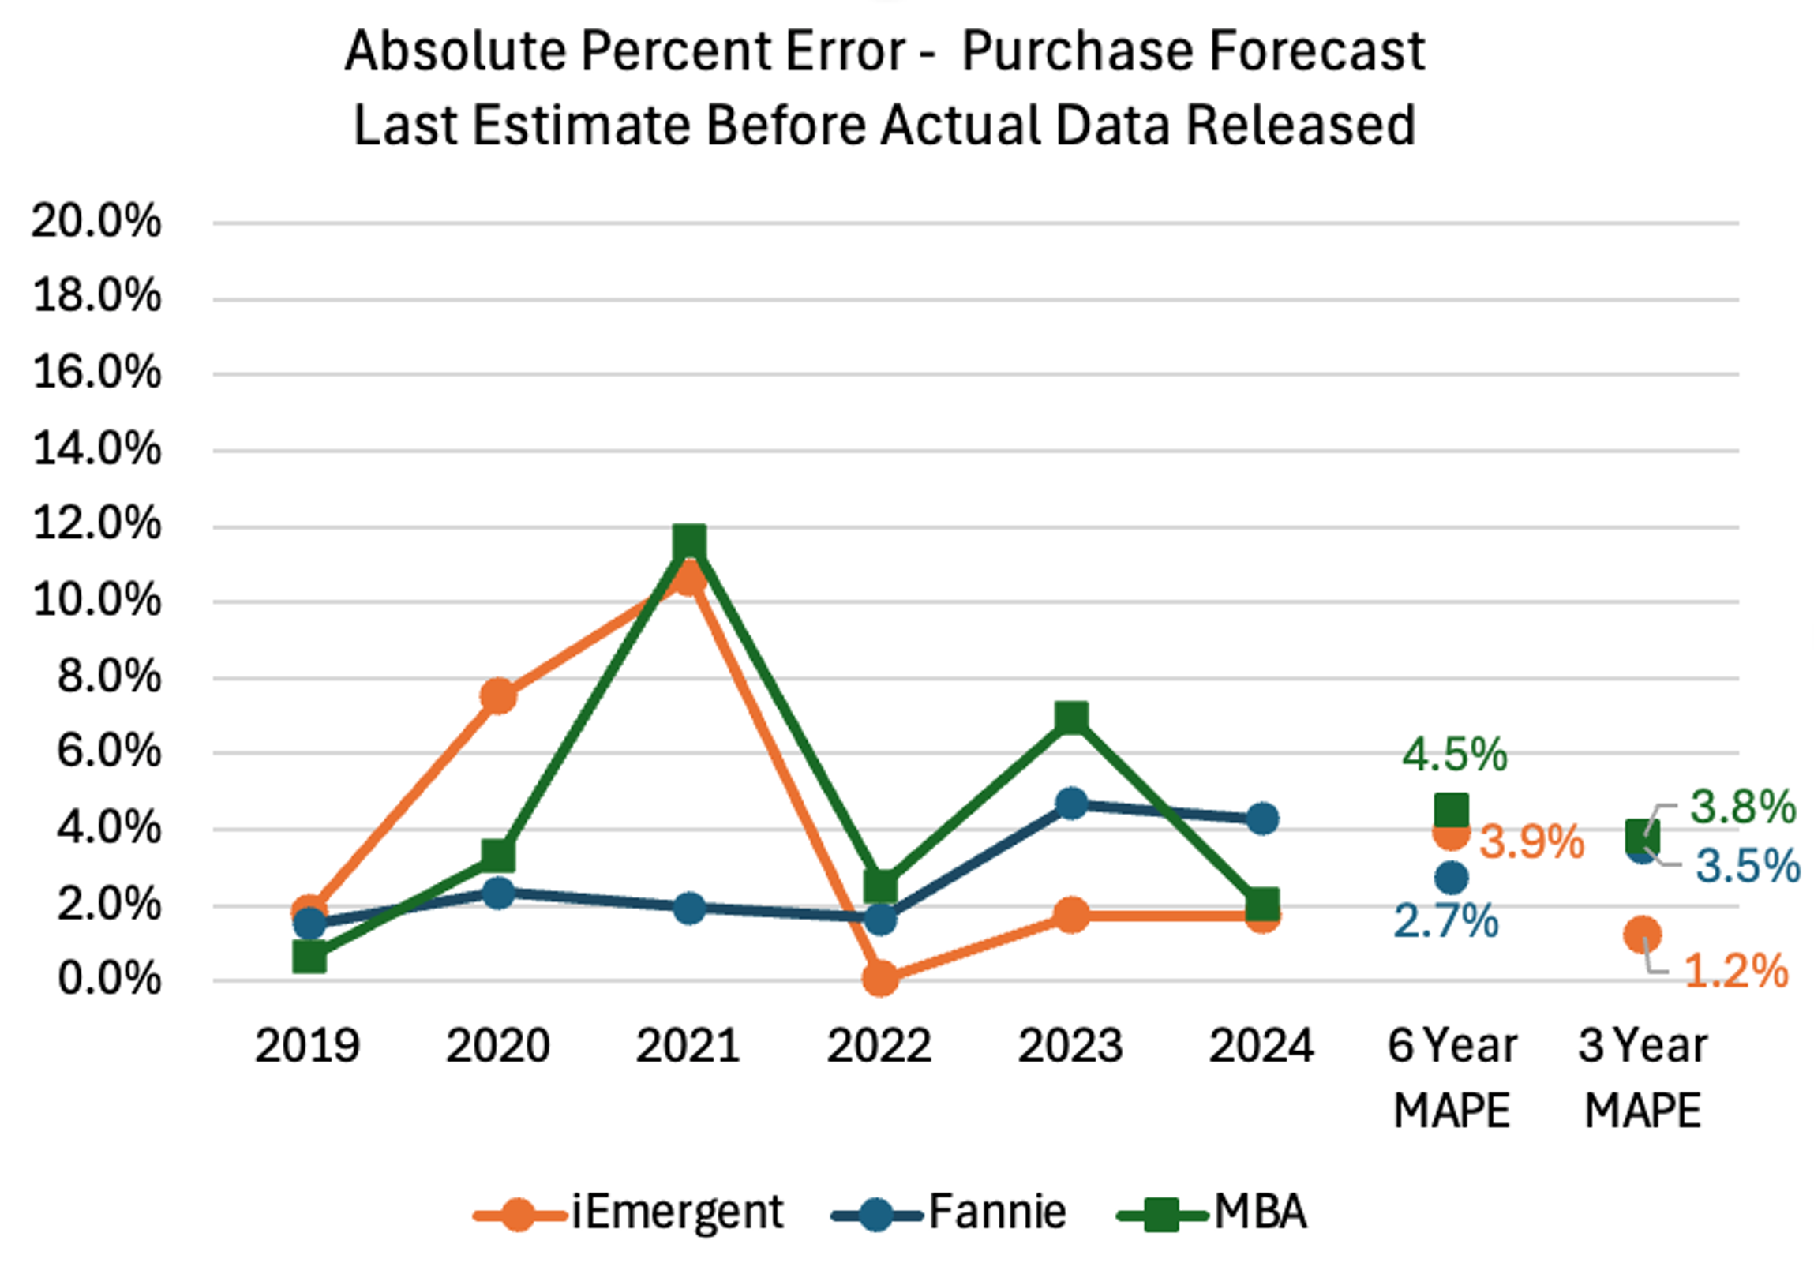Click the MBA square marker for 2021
coord(689,543)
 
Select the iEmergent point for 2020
coord(499,696)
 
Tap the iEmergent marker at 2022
coord(880,979)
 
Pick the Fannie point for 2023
coord(1071,804)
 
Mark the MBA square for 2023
coord(1071,719)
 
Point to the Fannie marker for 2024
coord(1262,819)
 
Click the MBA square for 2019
coord(309,957)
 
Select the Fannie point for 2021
coord(689,909)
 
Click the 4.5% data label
coord(1455,755)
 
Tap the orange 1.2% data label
coord(1736,971)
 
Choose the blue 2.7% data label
coord(1446,921)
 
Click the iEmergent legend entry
coord(629,1212)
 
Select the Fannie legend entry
coord(949,1212)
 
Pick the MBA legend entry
coord(1212,1212)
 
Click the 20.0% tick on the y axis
coord(96,221)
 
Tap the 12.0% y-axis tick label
coord(96,524)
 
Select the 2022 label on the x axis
coord(879,1046)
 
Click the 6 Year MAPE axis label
coord(1452,1077)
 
